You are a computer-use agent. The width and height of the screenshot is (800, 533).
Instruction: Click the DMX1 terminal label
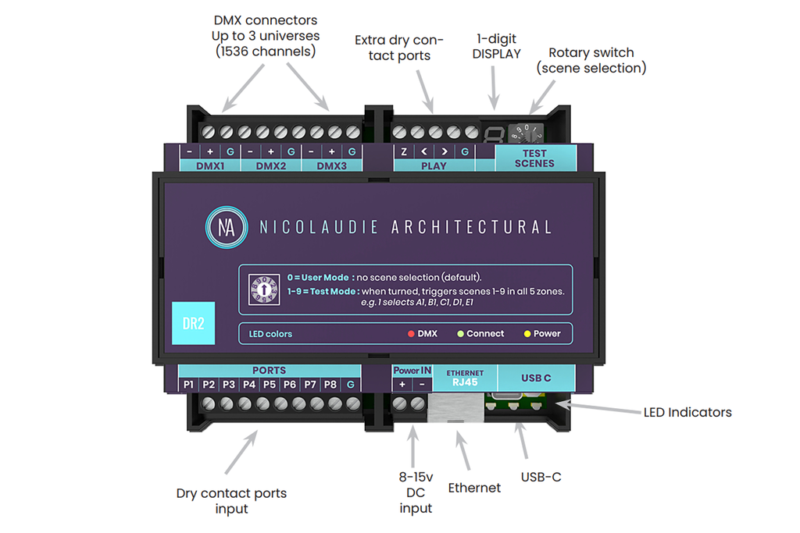point(209,165)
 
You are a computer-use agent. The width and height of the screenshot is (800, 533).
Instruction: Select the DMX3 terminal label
point(331,165)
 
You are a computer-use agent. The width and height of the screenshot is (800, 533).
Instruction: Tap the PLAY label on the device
point(434,165)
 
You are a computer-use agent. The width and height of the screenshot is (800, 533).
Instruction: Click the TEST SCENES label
point(535,158)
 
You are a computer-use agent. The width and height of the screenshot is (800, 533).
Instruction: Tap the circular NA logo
point(227,227)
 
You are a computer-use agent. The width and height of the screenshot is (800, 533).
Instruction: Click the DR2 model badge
point(193,322)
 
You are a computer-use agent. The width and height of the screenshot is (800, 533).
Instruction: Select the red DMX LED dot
point(410,334)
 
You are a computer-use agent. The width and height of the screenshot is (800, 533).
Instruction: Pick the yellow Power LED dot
point(527,334)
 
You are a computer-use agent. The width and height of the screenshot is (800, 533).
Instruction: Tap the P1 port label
point(188,385)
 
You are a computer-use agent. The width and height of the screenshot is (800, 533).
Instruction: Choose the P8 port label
point(330,385)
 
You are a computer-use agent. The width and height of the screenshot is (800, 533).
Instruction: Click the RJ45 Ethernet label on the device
point(465,378)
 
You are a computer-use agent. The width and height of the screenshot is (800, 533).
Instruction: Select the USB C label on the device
point(536,378)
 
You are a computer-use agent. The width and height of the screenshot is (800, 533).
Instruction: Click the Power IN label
point(412,371)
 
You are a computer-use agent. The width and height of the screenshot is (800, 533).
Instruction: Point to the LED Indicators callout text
point(687,412)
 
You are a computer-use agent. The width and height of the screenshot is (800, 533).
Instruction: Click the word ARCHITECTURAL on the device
point(470,227)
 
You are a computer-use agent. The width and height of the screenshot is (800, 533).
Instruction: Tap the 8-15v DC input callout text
point(416,493)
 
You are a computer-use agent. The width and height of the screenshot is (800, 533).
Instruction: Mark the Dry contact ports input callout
point(231,501)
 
